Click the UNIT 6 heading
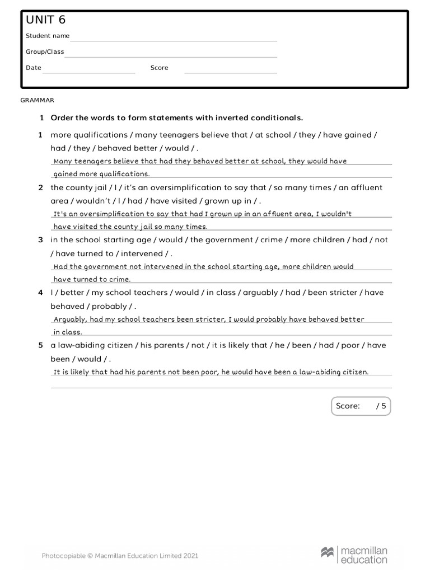click(45, 20)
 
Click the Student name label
click(48, 36)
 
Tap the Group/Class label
click(45, 51)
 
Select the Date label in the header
click(34, 68)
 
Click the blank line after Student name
click(174, 40)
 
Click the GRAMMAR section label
click(38, 100)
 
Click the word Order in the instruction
click(62, 118)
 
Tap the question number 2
click(40, 187)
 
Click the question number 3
click(40, 240)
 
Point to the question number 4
click(40, 293)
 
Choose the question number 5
click(40, 345)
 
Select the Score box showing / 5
click(361, 406)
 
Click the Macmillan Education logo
click(354, 555)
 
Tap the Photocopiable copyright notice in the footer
click(120, 556)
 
